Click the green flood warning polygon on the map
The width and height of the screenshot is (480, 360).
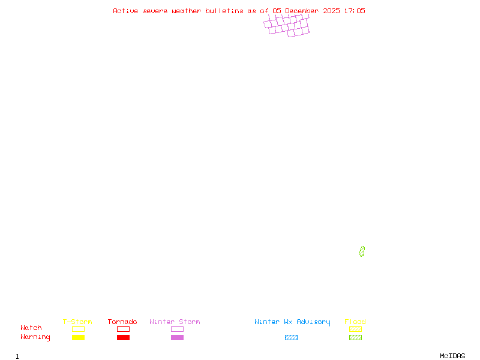click(x=362, y=251)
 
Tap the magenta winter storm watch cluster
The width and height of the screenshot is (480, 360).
click(x=287, y=26)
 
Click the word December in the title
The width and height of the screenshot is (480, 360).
click(x=303, y=11)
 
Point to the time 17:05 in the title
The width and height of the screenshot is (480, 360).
click(x=355, y=11)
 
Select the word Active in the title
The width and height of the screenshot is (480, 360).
click(x=125, y=11)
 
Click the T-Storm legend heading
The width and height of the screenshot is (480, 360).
click(x=77, y=322)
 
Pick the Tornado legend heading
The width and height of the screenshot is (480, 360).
click(x=122, y=322)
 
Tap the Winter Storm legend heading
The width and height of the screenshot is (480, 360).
click(x=175, y=322)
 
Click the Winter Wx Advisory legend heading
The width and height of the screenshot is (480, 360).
click(x=292, y=322)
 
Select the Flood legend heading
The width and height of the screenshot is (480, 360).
click(x=355, y=322)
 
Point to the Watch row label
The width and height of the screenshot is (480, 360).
click(x=31, y=328)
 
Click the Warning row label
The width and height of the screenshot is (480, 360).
click(x=35, y=337)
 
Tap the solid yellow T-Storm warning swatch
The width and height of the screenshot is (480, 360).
click(x=78, y=338)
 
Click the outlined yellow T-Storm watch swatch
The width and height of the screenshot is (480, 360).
click(x=78, y=329)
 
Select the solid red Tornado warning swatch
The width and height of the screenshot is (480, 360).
click(x=123, y=338)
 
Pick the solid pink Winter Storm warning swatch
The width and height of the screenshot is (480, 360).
click(x=177, y=338)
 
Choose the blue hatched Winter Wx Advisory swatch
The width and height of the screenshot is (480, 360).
click(x=291, y=338)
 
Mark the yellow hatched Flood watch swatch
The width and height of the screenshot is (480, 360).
click(x=355, y=329)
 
